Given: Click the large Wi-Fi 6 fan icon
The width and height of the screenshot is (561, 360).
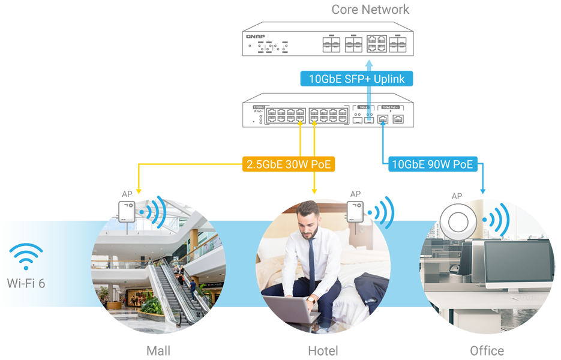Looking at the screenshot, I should click(26, 256).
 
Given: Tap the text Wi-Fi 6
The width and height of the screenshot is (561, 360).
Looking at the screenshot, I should click(26, 282).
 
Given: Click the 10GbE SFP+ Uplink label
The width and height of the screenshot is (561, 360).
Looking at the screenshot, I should click(348, 79).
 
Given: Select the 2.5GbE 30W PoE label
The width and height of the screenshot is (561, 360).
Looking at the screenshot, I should click(289, 164).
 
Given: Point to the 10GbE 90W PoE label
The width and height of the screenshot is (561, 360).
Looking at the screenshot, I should click(432, 164).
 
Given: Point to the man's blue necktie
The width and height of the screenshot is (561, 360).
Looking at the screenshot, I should click(311, 265).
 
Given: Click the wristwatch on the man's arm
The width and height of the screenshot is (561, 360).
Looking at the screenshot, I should click(311, 298).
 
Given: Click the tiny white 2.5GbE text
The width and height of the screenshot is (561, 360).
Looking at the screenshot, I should click(259, 107).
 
